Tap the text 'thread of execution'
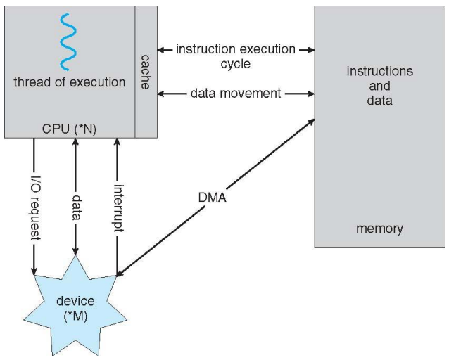click(x=69, y=82)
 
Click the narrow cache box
click(x=146, y=70)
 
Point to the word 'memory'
click(x=380, y=229)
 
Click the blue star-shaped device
click(x=75, y=307)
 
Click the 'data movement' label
click(x=235, y=93)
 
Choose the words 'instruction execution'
click(x=235, y=49)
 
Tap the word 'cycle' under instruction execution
click(x=235, y=63)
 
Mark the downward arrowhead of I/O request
click(x=33, y=271)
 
